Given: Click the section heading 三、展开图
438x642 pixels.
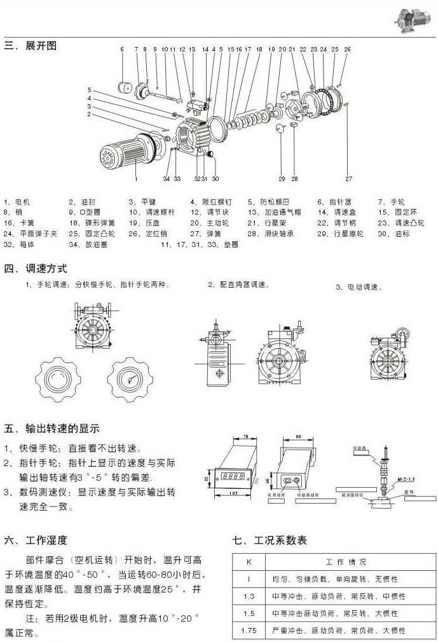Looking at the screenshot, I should point(31,46).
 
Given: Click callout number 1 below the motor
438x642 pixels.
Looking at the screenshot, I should point(135,170).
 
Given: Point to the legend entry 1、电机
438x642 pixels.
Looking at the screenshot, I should point(17,202).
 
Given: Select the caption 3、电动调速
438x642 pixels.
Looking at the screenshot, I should point(359,288).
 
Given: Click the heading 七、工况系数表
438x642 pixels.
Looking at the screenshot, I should point(270,540).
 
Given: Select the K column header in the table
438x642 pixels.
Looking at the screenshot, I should point(249,563).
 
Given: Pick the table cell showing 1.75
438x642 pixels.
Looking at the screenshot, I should point(249,631).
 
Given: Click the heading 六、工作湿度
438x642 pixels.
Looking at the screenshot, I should point(36,541).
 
